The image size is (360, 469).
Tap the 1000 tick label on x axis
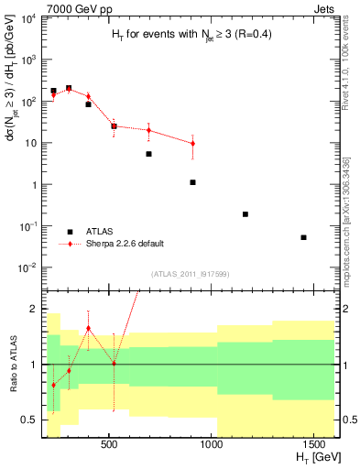[x=213, y=443]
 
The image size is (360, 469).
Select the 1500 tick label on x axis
[x=316, y=443]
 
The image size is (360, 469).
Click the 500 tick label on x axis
[x=109, y=443]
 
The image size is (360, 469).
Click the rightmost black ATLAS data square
[x=303, y=237]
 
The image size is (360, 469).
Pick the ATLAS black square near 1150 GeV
[x=245, y=214]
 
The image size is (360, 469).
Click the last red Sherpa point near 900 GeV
[x=192, y=144]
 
